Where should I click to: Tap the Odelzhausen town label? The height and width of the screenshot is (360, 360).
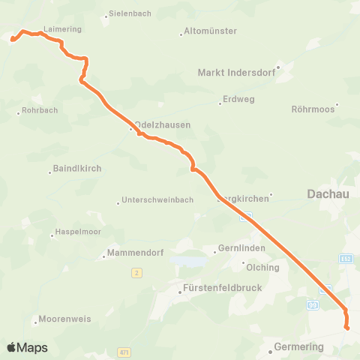pyautogui.click(x=162, y=125)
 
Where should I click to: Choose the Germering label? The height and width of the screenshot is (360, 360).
pyautogui.click(x=298, y=347)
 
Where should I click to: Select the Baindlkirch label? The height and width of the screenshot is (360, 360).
pyautogui.click(x=77, y=169)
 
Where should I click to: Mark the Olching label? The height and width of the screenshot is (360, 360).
pyautogui.click(x=262, y=267)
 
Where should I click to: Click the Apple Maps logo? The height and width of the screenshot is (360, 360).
pyautogui.click(x=27, y=347)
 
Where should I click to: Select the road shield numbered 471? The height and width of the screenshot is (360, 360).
pyautogui.click(x=124, y=352)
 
